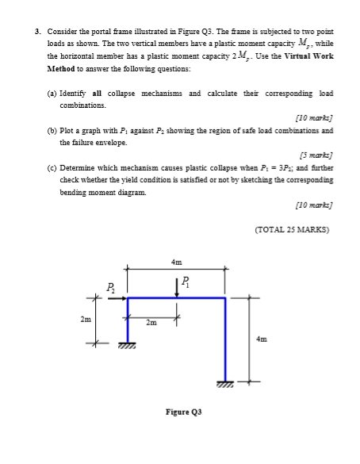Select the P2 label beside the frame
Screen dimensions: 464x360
tap(110, 288)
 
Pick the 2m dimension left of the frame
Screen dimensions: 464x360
tap(86, 320)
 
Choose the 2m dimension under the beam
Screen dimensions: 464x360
tap(151, 322)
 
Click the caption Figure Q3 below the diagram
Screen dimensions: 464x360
tap(182, 413)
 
